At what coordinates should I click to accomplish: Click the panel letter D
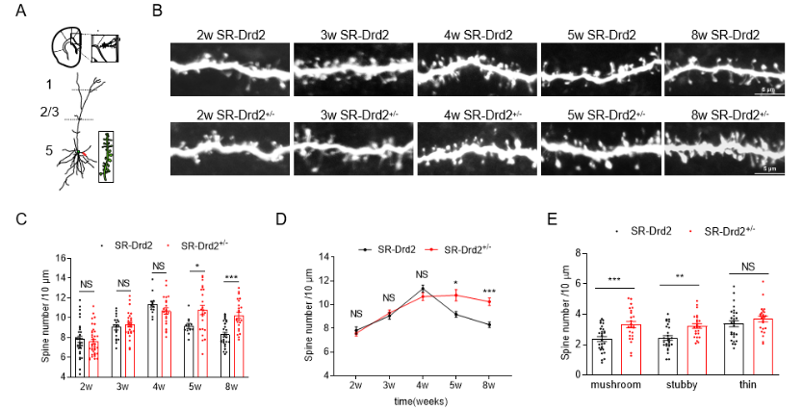282,218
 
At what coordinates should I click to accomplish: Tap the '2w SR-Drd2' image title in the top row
228,36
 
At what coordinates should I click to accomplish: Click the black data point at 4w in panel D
422,288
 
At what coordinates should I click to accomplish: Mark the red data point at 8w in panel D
489,301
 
